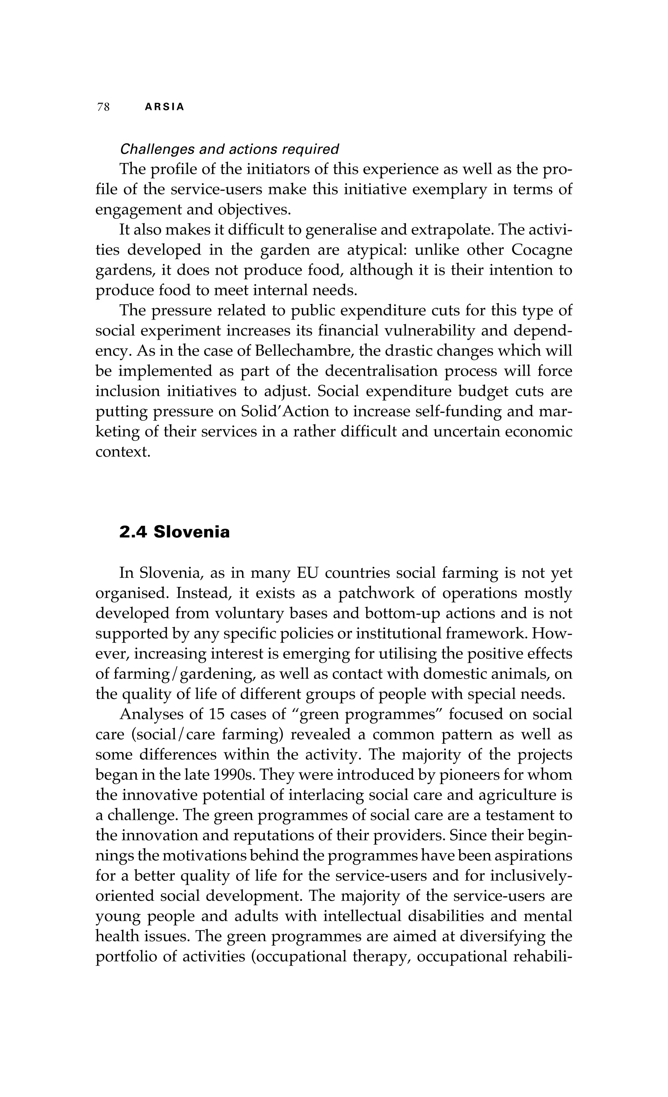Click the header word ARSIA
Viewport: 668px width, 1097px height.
click(164, 107)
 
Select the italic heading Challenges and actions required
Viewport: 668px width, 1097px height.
click(229, 149)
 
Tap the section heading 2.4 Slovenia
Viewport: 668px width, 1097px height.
click(175, 532)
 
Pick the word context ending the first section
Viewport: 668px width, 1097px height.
click(122, 452)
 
